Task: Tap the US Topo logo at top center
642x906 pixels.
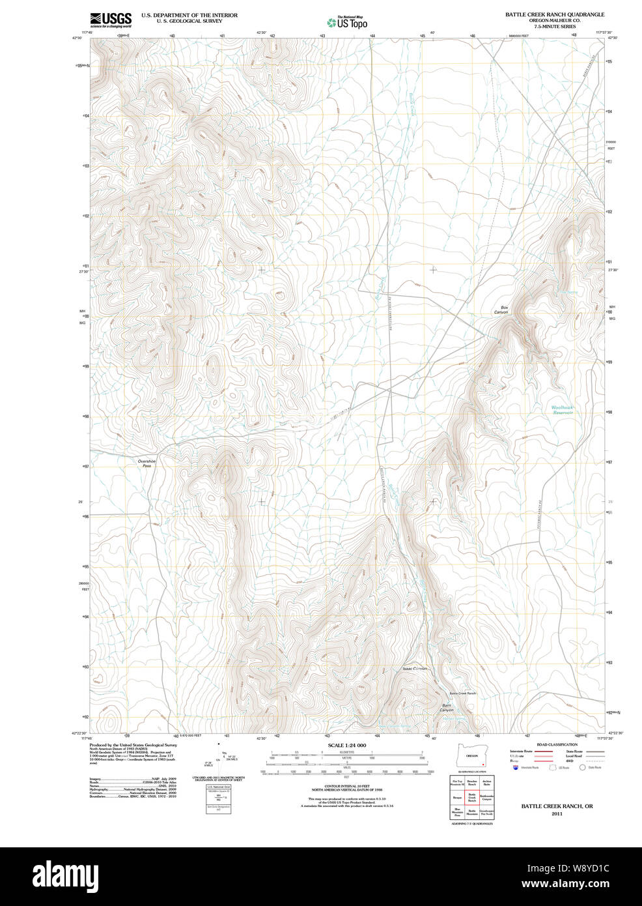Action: (x=347, y=23)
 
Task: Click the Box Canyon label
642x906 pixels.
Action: (x=501, y=310)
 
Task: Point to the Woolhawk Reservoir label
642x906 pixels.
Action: (x=563, y=410)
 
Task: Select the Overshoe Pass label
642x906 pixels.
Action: (x=147, y=463)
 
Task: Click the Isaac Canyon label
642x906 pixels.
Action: (x=415, y=669)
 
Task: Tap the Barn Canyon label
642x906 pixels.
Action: (x=447, y=707)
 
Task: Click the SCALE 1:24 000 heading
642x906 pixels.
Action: (x=347, y=746)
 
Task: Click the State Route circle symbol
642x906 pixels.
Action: (x=583, y=768)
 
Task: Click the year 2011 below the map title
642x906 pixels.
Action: (x=557, y=814)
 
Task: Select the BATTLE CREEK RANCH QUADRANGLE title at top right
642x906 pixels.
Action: (x=555, y=14)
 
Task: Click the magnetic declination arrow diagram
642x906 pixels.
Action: (x=221, y=756)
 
